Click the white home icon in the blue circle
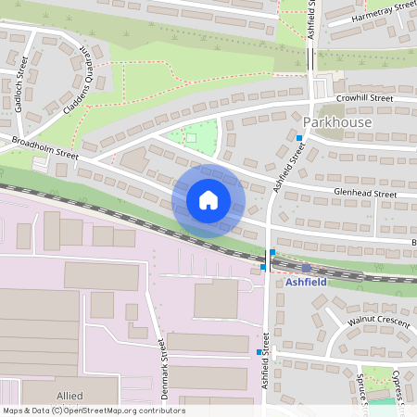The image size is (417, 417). [208, 200]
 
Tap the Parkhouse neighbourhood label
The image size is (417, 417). [337, 122]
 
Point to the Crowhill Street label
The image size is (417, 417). [365, 97]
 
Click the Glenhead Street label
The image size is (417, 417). [365, 194]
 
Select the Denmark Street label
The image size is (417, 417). [163, 368]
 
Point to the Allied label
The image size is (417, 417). [69, 395]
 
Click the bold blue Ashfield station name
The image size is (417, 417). [306, 283]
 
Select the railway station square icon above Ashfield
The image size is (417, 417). [306, 268]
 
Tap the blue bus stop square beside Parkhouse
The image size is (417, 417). [298, 138]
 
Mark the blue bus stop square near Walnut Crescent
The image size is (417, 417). [259, 352]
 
